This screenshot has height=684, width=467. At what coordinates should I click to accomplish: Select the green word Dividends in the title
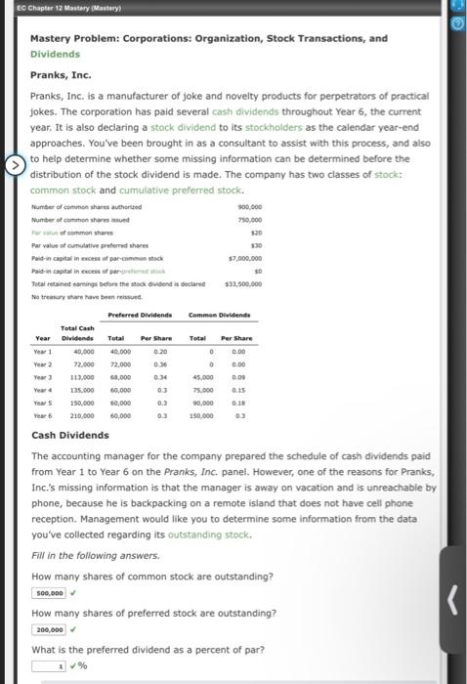click(x=56, y=54)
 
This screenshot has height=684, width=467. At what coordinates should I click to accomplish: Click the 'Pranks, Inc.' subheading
click(x=61, y=73)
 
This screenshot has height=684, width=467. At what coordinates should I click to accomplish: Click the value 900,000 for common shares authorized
click(x=251, y=207)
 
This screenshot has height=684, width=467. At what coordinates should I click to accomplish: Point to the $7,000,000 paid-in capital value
click(x=248, y=258)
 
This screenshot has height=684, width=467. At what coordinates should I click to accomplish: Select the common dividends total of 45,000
click(x=203, y=376)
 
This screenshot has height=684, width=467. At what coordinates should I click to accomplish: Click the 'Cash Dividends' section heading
click(x=70, y=435)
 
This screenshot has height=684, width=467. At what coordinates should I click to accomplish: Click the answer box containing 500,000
click(x=49, y=592)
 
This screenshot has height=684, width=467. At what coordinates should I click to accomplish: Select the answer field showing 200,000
click(x=49, y=630)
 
